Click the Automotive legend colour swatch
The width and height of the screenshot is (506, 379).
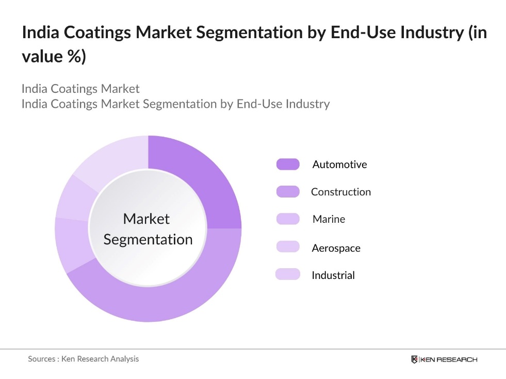pos(288,164)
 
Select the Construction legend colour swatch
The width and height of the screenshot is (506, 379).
pos(288,192)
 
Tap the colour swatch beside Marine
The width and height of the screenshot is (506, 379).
pos(288,219)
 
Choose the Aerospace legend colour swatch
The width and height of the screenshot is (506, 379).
pos(288,247)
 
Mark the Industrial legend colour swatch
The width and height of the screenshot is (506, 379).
pos(288,274)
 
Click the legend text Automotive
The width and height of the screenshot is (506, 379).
pos(339,164)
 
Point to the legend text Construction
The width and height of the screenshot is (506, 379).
pos(341,192)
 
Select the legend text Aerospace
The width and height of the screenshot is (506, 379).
pos(336,248)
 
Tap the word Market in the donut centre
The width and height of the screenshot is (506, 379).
pos(146,219)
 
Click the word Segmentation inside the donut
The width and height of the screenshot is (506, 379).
pos(148,240)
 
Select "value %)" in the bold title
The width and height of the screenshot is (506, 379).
pos(54,56)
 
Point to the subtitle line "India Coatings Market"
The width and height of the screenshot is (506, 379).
pos(80,89)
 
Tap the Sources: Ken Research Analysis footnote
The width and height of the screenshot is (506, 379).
pos(83,359)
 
